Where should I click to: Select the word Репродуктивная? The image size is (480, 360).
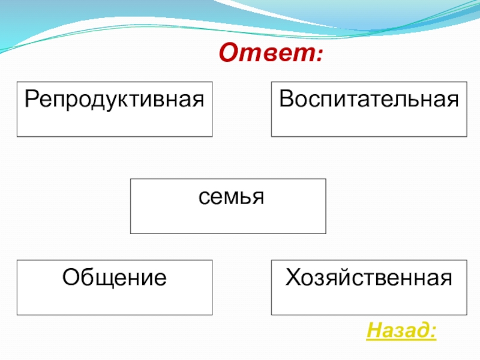[x=115, y=98]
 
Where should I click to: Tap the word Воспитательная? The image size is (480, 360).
[x=369, y=98]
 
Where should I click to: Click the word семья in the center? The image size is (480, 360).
[x=230, y=196]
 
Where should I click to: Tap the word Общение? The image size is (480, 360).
[x=115, y=277]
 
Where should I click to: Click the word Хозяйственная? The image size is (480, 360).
[x=369, y=277]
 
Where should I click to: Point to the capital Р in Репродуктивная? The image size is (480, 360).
[x=30, y=97]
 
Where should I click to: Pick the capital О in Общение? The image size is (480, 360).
[x=71, y=277]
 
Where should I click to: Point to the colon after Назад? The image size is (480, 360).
[x=433, y=332]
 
